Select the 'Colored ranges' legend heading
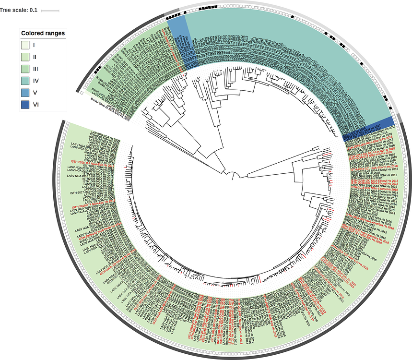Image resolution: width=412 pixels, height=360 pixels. [43, 34]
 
